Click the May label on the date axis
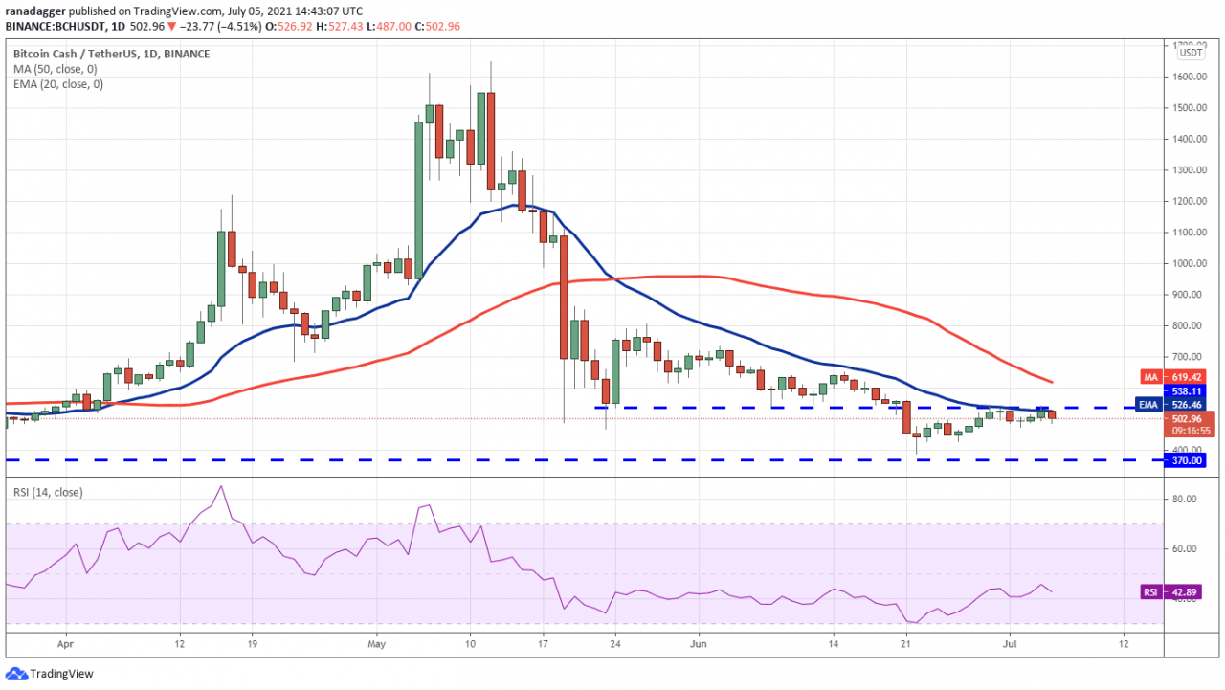(x=376, y=646)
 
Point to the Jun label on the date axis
(x=698, y=646)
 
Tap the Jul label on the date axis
(x=1007, y=646)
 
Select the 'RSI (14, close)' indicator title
(x=48, y=493)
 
